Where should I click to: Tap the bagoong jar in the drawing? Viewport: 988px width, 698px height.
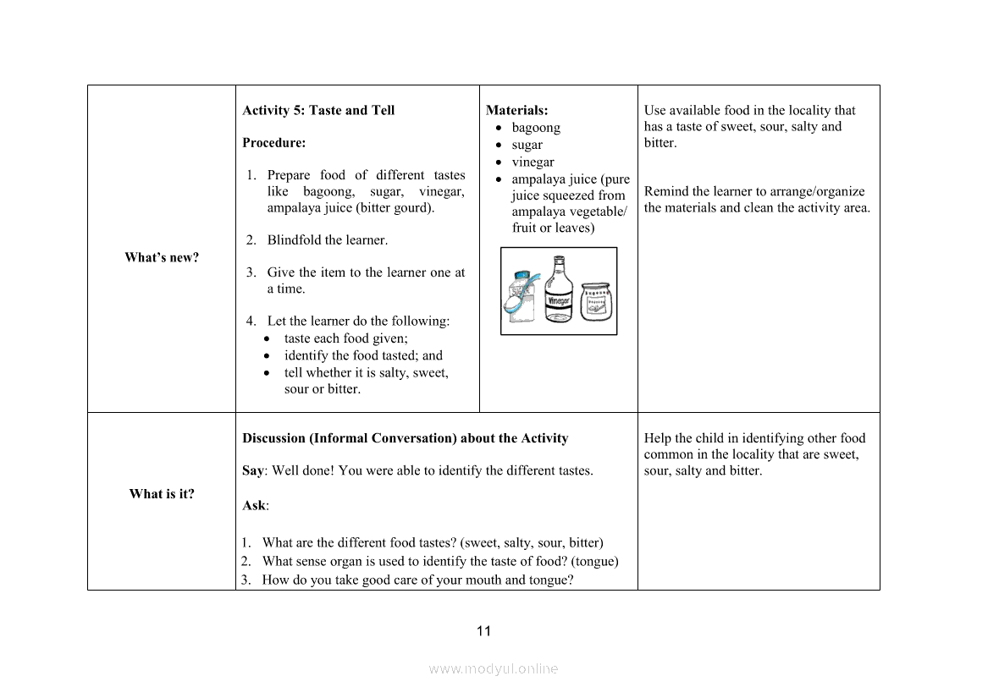tap(597, 301)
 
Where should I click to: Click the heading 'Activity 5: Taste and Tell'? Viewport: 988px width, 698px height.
tap(318, 111)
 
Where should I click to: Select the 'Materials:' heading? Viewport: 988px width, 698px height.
tap(516, 111)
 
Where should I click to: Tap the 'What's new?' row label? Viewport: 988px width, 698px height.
tap(162, 258)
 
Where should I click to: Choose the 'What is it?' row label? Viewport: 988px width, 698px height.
tap(162, 494)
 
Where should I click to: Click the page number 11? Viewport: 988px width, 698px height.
tap(483, 631)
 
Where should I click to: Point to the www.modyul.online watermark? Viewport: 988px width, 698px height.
tap(494, 669)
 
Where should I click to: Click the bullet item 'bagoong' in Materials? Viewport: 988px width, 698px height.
tap(536, 128)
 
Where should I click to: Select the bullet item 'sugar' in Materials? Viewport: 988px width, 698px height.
tap(527, 145)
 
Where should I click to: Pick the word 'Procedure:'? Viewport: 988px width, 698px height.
tap(274, 143)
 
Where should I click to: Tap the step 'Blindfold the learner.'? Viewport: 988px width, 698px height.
tap(327, 240)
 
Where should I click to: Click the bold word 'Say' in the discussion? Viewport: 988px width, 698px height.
tap(252, 471)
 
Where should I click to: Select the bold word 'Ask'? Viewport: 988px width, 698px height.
tap(254, 506)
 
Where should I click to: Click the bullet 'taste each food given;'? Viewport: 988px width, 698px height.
tap(345, 338)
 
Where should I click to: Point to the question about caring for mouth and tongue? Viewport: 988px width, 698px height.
tap(417, 580)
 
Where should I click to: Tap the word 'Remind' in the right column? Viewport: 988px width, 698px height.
tap(665, 192)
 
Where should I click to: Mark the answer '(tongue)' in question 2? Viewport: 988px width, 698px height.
tap(594, 562)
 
